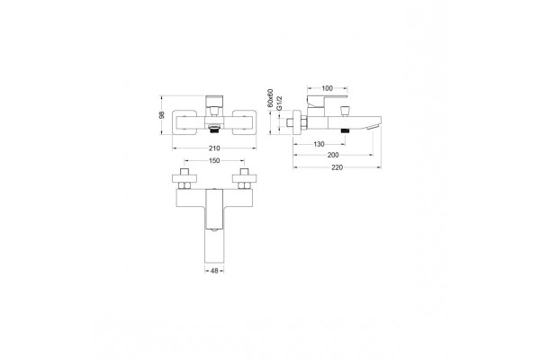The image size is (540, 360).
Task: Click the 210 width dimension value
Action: pos(214,148)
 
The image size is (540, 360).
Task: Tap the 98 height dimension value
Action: pos(162,115)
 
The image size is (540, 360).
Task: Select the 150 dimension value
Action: pos(214,160)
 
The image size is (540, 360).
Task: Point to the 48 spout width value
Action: pos(214,271)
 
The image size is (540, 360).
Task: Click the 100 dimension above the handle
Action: pos(328,88)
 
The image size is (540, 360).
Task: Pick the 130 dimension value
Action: pos(319,144)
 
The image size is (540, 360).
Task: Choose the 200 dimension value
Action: pos(333,155)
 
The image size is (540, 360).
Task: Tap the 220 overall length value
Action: pos(337,167)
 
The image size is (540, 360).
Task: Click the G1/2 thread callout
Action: pos(280,103)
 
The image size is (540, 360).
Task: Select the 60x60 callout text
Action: pos(271,98)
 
